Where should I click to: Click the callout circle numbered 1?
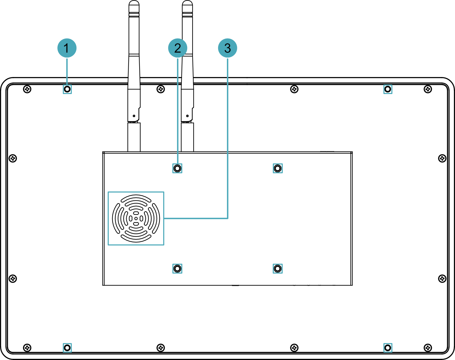[67, 48]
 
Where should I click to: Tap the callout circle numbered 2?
[177, 48]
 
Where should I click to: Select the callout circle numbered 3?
[227, 48]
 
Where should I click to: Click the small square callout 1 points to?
[67, 89]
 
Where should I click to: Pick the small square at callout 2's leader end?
[177, 168]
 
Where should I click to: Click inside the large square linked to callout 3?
[136, 218]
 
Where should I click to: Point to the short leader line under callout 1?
[67, 71]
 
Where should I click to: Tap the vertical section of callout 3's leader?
[228, 136]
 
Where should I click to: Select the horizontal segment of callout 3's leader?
[196, 218]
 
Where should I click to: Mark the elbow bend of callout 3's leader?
[228, 218]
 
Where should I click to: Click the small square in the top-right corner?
[388, 89]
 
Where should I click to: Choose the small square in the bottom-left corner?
[67, 348]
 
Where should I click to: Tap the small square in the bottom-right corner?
[388, 348]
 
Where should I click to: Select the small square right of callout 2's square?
[278, 168]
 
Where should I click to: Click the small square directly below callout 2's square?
[177, 269]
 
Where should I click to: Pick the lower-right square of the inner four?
[278, 269]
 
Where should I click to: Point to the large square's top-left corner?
[108, 192]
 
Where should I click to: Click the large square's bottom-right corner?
[164, 245]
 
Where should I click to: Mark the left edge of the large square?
[108, 218]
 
